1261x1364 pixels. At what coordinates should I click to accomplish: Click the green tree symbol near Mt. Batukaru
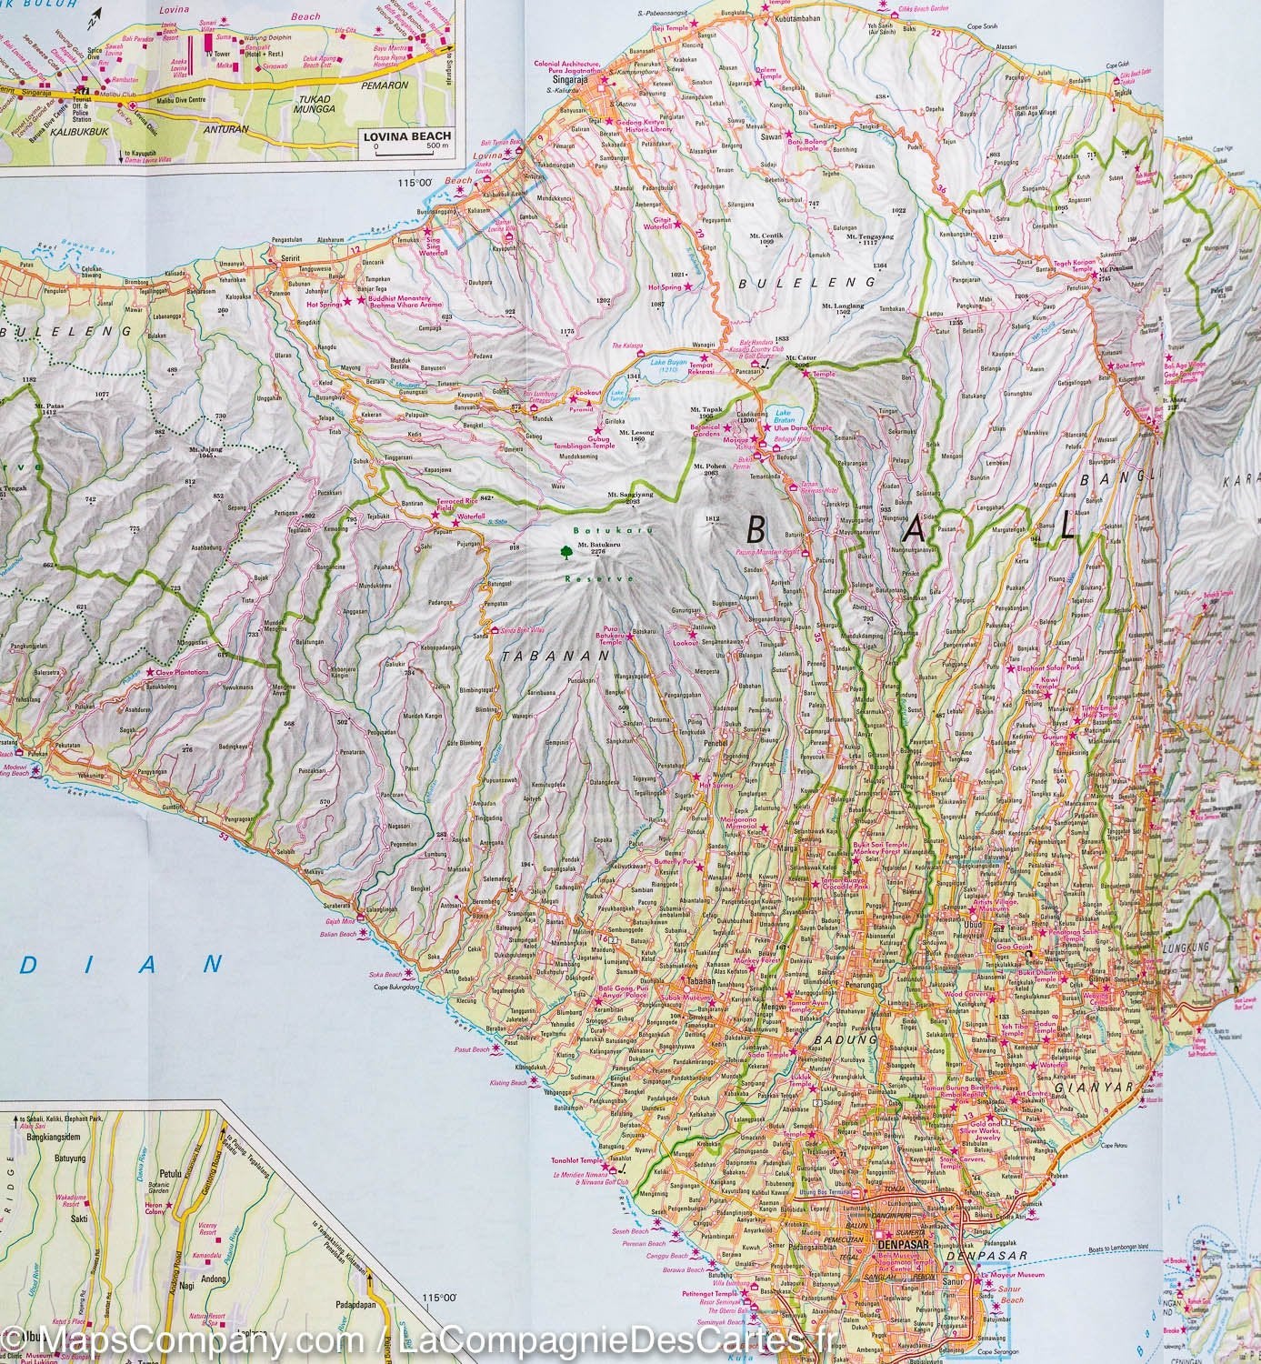point(567,549)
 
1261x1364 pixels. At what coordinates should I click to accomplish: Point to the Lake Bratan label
point(783,416)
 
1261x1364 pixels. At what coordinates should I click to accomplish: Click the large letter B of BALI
point(756,528)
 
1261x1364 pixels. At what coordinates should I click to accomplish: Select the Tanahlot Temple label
point(577,1161)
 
